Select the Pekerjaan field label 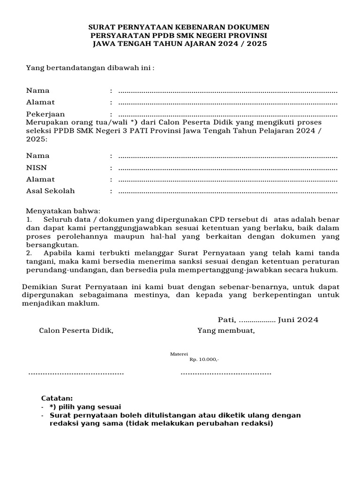click(45, 114)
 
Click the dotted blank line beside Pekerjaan click(228, 114)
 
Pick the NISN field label click(37, 167)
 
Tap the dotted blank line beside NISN click(228, 168)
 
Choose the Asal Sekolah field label click(50, 191)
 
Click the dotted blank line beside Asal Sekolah click(228, 191)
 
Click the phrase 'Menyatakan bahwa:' click(63, 211)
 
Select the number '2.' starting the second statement click(29, 254)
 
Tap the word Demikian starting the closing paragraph click(38, 286)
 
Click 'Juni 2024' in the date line click(298, 320)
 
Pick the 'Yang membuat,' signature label click(226, 331)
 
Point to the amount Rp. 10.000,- click(204, 360)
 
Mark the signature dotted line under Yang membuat click(226, 373)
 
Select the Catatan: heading click(57, 398)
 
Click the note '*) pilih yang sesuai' click(85, 407)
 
